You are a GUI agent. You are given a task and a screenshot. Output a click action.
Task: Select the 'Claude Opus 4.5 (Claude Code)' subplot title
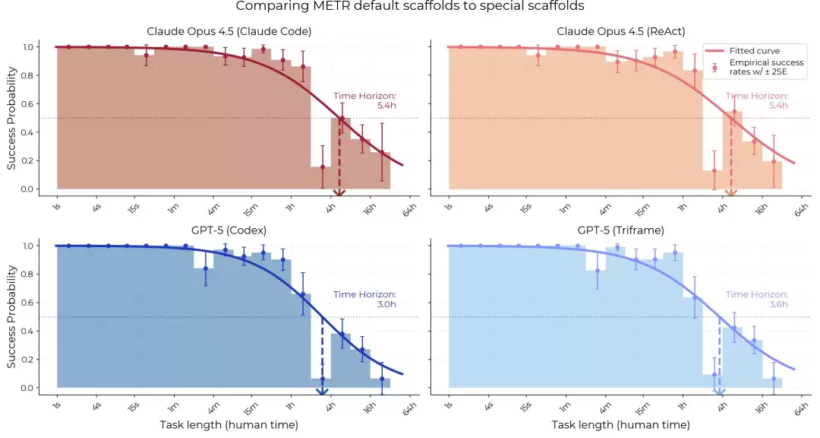[x=229, y=31]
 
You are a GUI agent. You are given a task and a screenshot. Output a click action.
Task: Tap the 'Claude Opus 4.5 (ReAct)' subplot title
[x=621, y=31]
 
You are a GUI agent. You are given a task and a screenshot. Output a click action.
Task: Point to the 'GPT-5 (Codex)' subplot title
[x=229, y=230]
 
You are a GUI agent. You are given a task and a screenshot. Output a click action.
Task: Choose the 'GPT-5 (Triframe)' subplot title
[x=621, y=230]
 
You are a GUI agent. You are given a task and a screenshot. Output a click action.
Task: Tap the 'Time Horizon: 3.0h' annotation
[x=365, y=299]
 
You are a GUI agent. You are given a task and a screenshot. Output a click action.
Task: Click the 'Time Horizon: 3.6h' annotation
[x=757, y=299]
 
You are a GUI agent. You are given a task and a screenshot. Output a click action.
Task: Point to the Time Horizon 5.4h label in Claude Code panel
[x=365, y=100]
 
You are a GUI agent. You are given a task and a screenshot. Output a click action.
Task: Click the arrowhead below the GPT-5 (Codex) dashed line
[x=322, y=392]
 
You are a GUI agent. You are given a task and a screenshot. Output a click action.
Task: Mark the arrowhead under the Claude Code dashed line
[x=340, y=193]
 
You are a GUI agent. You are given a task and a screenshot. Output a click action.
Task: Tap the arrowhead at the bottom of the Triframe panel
[x=719, y=392]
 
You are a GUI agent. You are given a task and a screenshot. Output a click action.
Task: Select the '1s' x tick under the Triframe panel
[x=449, y=407]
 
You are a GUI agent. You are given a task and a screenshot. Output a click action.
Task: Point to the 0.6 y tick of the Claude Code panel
[x=27, y=103]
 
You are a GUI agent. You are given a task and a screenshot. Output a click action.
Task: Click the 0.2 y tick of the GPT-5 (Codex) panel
[x=27, y=360]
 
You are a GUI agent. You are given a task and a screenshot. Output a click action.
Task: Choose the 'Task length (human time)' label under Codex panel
[x=229, y=425]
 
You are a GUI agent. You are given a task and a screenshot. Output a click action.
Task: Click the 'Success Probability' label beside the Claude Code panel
[x=11, y=118]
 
